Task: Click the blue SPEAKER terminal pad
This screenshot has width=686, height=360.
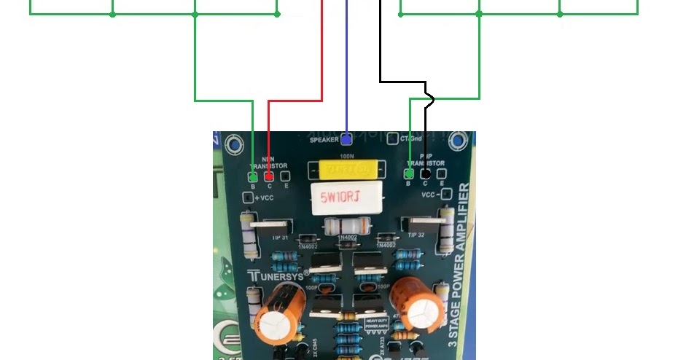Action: click(346, 138)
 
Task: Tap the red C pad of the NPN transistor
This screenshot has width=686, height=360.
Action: click(269, 176)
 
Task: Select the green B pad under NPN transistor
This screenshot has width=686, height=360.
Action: click(253, 176)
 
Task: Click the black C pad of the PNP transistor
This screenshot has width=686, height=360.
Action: click(426, 174)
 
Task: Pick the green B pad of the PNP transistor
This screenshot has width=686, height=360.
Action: click(409, 174)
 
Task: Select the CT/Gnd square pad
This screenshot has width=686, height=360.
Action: click(393, 138)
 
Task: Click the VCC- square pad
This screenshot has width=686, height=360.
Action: click(446, 195)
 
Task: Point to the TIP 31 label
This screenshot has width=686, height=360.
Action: click(281, 238)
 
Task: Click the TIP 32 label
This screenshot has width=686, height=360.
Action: click(416, 235)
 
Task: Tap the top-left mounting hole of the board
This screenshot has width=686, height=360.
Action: click(235, 144)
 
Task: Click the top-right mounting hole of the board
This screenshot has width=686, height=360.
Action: click(459, 140)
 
